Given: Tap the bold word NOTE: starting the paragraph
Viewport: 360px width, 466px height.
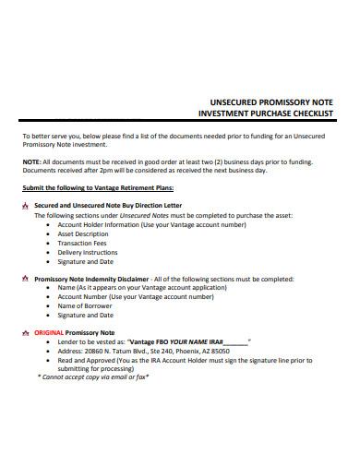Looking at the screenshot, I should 32,161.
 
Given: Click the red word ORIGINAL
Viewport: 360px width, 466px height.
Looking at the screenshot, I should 51,331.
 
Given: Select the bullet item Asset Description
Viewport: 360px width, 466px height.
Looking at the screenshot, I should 83,233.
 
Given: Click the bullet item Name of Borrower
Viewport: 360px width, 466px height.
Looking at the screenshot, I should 86,305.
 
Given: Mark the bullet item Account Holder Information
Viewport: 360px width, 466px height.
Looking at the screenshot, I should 151,224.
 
